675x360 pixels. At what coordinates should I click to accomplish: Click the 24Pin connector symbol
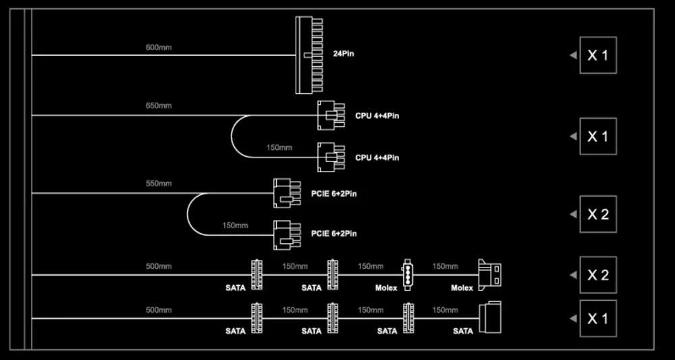click(x=309, y=55)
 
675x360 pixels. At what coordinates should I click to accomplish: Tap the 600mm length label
click(x=159, y=47)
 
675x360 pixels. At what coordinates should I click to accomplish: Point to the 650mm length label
click(x=159, y=106)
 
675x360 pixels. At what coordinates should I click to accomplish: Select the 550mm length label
click(x=159, y=184)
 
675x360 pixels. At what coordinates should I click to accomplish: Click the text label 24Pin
click(x=344, y=54)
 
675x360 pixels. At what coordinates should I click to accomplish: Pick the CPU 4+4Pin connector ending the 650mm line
click(x=331, y=115)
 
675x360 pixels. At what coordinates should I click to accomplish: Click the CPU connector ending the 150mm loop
click(x=331, y=157)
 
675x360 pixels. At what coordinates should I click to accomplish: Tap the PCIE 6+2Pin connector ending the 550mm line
click(x=287, y=193)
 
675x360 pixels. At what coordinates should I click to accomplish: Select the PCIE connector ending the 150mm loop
click(x=287, y=234)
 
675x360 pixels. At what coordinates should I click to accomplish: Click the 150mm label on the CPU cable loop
click(x=279, y=148)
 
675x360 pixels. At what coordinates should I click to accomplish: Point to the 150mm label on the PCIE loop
click(x=235, y=225)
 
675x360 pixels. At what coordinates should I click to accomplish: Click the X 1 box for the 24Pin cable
click(x=598, y=55)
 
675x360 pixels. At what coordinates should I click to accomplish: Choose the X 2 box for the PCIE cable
click(x=598, y=214)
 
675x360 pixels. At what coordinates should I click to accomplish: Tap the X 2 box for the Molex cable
click(x=598, y=275)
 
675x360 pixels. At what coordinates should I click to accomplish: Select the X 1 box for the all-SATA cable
click(x=598, y=318)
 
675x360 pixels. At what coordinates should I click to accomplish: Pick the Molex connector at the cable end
click(x=490, y=274)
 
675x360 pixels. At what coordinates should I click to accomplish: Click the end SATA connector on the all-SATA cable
click(x=490, y=317)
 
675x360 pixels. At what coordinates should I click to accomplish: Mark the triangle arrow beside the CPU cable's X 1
click(x=573, y=136)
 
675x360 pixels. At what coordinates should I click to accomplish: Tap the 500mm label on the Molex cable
click(x=159, y=267)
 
